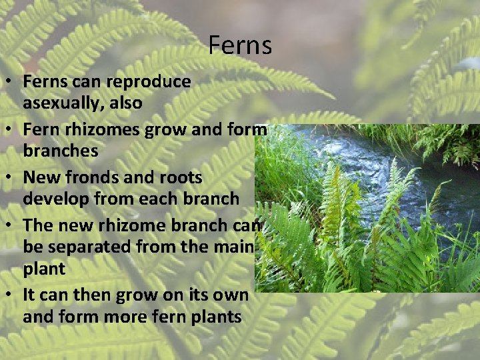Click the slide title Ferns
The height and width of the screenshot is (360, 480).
click(240, 46)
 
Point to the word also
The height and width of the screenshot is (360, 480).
click(127, 103)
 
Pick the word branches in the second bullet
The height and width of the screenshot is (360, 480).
click(61, 151)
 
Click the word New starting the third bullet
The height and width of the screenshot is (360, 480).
click(39, 177)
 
